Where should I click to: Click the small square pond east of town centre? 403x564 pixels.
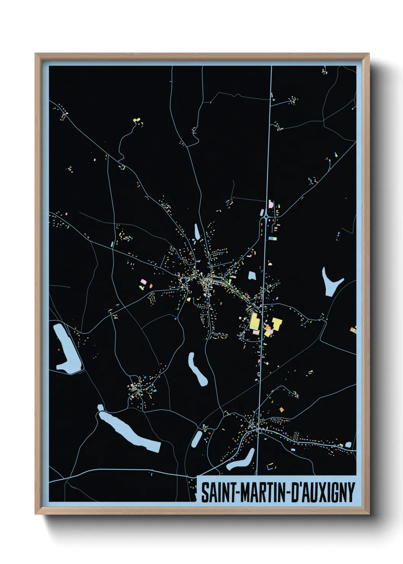(251, 275)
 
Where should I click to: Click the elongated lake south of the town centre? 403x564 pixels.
(197, 369)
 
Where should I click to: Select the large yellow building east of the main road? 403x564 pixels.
(277, 324)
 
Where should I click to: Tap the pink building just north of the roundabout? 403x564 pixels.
(271, 205)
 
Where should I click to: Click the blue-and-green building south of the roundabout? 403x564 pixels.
(272, 239)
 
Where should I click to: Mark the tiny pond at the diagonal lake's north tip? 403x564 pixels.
(100, 408)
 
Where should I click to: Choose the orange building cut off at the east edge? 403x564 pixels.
(354, 330)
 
